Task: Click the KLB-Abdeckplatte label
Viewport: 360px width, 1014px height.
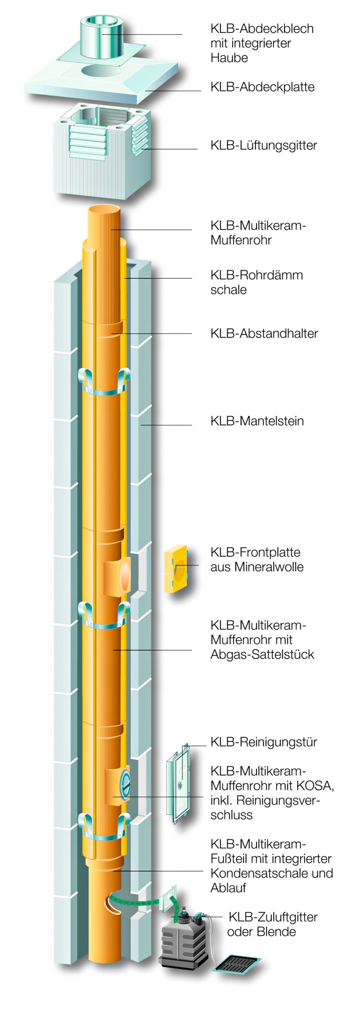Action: coord(262,86)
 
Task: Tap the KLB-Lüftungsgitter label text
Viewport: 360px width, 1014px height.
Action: coord(264,145)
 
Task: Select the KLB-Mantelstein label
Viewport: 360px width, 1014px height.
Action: coord(257,421)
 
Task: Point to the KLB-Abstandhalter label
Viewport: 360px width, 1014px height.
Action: coord(264,333)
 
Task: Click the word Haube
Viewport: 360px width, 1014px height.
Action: coord(229,58)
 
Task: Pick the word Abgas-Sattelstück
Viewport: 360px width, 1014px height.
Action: coord(262,654)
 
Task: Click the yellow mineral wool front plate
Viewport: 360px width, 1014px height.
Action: coord(175,570)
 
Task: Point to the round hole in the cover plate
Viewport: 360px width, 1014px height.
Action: coord(101,70)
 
